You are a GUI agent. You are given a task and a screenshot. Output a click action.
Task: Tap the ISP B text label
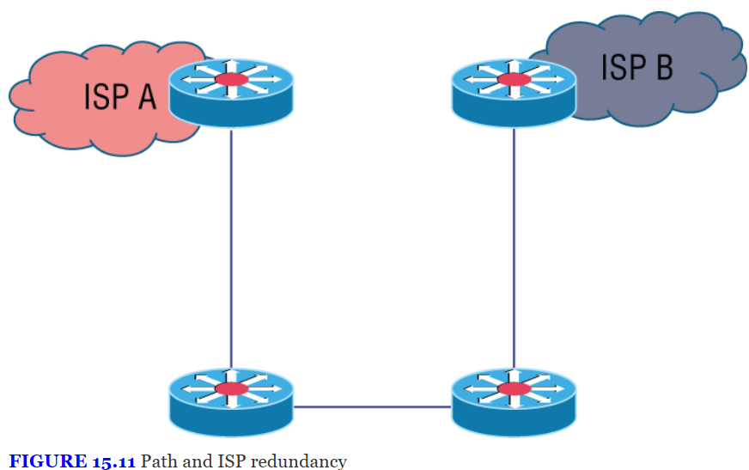(x=636, y=66)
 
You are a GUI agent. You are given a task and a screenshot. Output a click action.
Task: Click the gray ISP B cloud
(x=679, y=95)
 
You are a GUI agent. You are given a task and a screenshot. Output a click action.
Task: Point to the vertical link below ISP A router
(x=231, y=249)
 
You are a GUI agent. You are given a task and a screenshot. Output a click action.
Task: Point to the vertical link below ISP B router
(x=514, y=249)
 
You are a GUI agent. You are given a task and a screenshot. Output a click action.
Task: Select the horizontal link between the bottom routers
(x=372, y=407)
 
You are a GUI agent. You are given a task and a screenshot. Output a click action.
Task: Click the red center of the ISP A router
(x=231, y=80)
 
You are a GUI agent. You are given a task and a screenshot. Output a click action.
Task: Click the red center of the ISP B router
(x=514, y=80)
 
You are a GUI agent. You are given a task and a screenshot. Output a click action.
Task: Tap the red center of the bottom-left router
(x=231, y=390)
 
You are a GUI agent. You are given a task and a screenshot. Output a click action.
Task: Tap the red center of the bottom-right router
(x=514, y=390)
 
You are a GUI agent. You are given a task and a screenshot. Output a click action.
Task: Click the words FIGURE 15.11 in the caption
(x=72, y=461)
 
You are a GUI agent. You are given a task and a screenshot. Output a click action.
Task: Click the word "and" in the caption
(x=195, y=461)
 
